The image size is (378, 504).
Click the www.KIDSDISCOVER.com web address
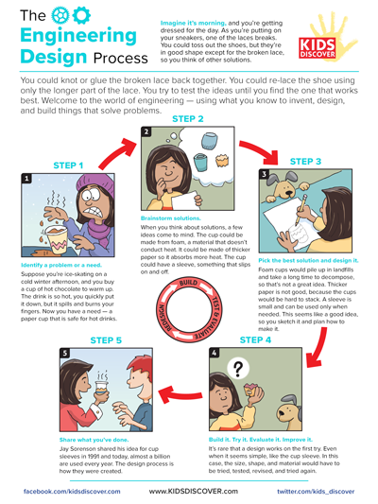189,492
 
